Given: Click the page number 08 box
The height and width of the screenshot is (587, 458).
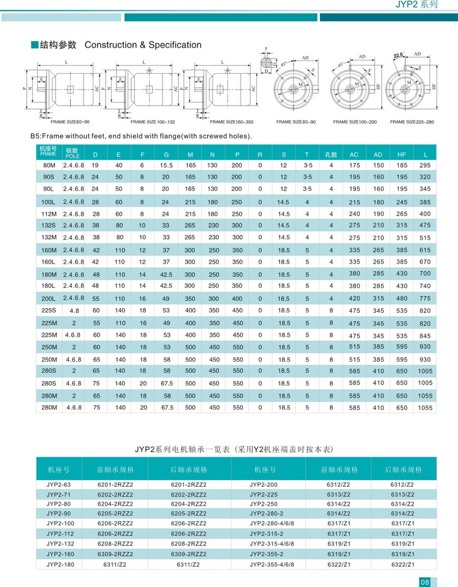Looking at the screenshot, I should [x=426, y=580].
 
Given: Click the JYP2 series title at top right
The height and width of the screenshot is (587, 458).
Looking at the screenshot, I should [x=417, y=5].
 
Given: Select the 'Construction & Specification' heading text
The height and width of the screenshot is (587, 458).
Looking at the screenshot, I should [x=143, y=45].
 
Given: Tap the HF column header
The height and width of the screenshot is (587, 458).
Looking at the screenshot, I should [x=401, y=153].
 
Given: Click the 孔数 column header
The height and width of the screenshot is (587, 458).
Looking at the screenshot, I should [x=331, y=153].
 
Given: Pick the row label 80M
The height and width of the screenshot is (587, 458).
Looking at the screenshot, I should [x=48, y=165].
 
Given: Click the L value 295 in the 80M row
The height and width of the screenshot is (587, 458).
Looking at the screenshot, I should [x=425, y=165].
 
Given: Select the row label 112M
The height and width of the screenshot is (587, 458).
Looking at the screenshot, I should [x=48, y=214].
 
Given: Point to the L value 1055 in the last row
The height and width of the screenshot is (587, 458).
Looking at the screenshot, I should [x=425, y=408].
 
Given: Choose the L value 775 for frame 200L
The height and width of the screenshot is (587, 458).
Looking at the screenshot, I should [x=425, y=298].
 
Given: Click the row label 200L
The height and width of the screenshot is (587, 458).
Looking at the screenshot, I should [x=48, y=298].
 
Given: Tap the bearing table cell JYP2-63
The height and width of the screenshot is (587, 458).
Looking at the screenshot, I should [x=59, y=484].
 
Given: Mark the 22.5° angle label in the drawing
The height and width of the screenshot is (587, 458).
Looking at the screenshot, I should [x=400, y=56].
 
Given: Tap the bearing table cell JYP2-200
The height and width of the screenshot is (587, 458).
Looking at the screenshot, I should [x=264, y=484].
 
